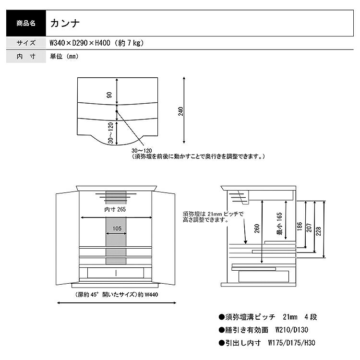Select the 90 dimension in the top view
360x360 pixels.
pos(110,95)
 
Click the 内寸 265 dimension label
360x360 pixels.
pos(115,209)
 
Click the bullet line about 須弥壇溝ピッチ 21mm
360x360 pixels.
pos(267,317)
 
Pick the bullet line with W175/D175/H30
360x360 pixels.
pos(266,343)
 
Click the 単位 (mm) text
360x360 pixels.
pos(64,56)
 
